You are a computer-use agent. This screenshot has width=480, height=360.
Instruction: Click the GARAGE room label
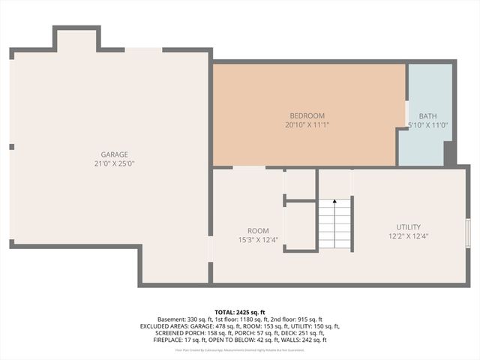[115, 154]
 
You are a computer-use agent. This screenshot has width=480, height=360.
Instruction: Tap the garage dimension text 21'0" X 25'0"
[115, 163]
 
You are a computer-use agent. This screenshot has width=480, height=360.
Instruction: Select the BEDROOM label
[307, 115]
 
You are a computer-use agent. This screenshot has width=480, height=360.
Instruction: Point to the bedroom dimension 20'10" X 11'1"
[307, 124]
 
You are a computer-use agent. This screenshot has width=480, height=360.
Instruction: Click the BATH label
[427, 115]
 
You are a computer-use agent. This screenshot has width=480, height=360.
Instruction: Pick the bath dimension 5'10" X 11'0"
[427, 124]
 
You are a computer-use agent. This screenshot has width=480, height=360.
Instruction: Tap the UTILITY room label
[409, 226]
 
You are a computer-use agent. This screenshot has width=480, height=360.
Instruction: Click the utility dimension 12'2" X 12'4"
[409, 236]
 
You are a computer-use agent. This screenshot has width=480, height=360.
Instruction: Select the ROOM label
[258, 230]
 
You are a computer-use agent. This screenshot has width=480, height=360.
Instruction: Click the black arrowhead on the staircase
[334, 202]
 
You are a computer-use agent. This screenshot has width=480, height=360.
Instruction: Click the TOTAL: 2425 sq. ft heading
[240, 312]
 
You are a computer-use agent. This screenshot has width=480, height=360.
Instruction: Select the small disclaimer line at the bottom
[240, 349]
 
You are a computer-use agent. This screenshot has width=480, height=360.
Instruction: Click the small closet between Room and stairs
[300, 226]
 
